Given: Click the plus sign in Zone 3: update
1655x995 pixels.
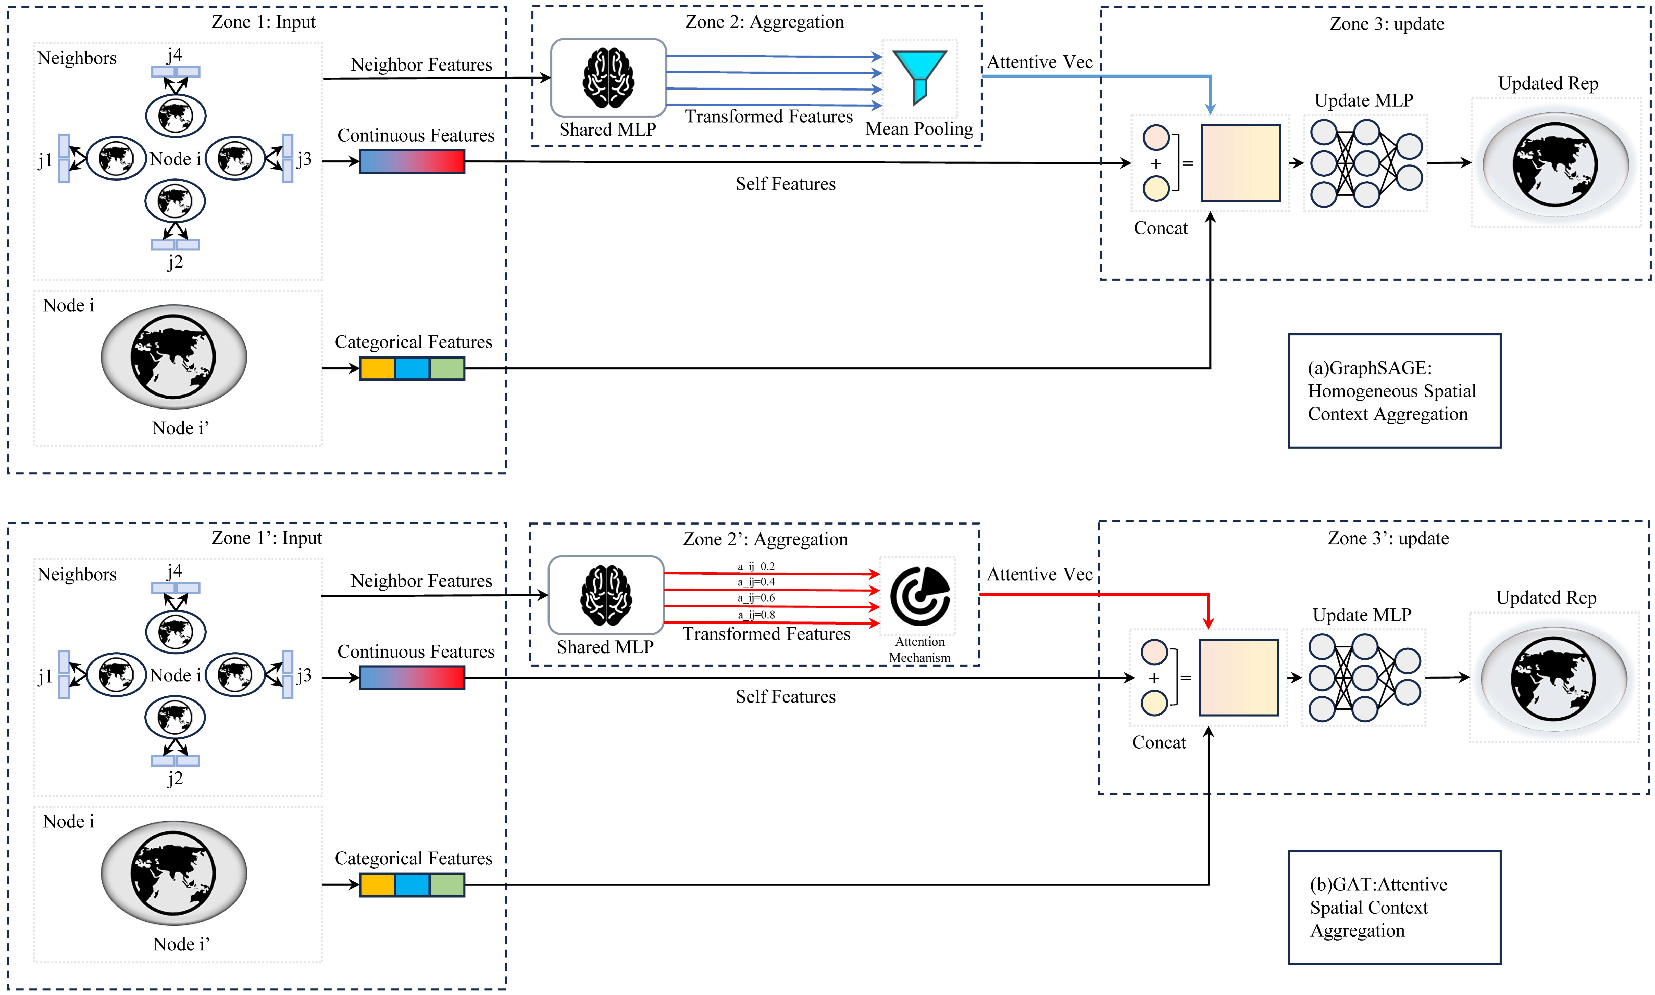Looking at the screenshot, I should (x=1156, y=164).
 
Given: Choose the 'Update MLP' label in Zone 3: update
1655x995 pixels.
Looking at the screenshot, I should (x=1363, y=100).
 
